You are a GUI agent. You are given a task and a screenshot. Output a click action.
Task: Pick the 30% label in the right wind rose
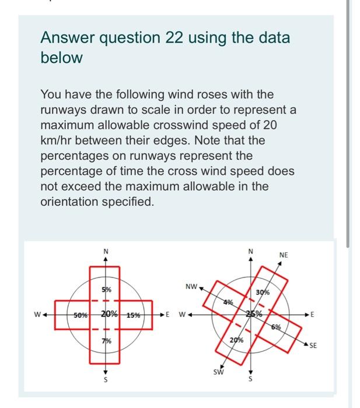[263, 292]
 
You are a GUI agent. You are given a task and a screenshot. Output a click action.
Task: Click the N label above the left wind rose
[106, 251]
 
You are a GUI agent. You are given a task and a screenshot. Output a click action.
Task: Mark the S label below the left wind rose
[106, 379]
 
